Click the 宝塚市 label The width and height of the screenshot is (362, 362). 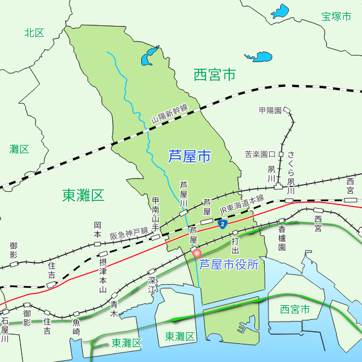[336, 16]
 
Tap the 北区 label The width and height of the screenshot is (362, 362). [34, 33]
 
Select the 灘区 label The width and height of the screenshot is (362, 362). [19, 148]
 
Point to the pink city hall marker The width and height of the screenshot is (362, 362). [197, 254]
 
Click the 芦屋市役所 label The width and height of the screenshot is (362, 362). [229, 264]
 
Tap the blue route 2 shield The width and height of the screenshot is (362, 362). [223, 224]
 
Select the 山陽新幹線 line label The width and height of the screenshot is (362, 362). [170, 112]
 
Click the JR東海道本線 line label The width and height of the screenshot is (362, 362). [242, 204]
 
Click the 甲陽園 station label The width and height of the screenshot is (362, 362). [270, 110]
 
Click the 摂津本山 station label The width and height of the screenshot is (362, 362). [103, 275]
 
